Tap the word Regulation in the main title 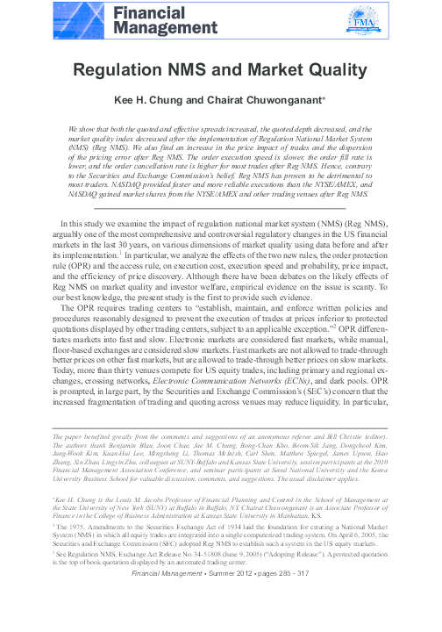point(125,72)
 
